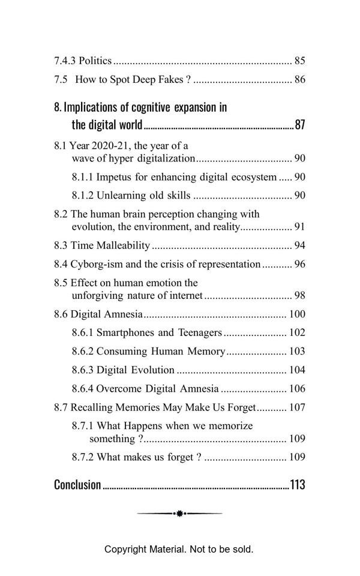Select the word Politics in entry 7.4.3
(95, 61)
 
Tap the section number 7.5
(61, 79)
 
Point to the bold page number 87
(300, 125)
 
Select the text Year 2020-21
(98, 146)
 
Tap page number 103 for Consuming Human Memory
(297, 351)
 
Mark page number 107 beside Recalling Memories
(297, 407)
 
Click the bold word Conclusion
(77, 485)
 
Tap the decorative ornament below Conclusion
(179, 514)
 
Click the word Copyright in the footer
(124, 549)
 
